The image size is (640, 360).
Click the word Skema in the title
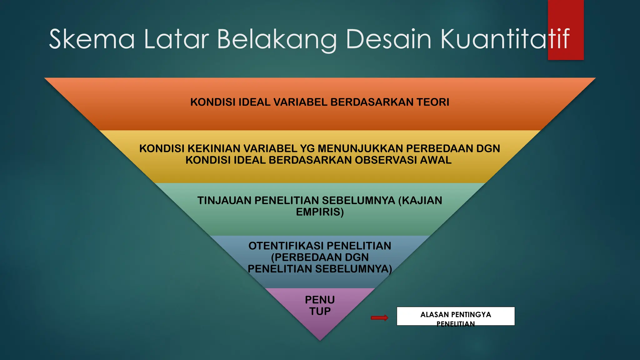92,39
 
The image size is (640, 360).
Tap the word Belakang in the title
277,40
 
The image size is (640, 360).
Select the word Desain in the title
389,39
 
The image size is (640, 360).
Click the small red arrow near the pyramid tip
379,318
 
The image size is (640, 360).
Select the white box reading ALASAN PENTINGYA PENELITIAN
456,316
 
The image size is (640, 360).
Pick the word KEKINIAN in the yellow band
214,148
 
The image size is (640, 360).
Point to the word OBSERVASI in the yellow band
386,160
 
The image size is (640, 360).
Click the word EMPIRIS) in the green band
320,212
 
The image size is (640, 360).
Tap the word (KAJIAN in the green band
420,200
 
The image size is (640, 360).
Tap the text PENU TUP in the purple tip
320,305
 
